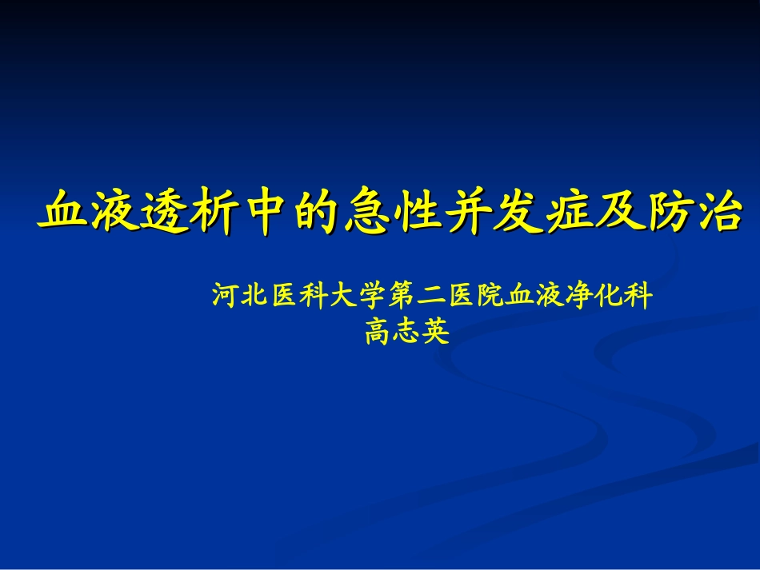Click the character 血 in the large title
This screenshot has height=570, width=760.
pos(65,211)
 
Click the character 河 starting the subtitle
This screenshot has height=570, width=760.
pos(225,297)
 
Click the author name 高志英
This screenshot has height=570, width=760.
pos(407,331)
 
